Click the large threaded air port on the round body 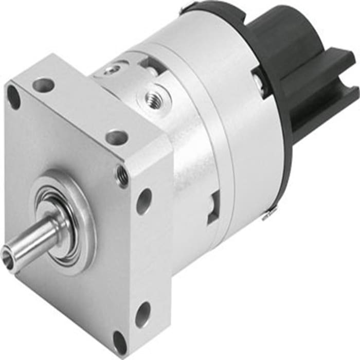pyautogui.click(x=153, y=96)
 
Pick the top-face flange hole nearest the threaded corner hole pyautogui.click(x=117, y=137)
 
